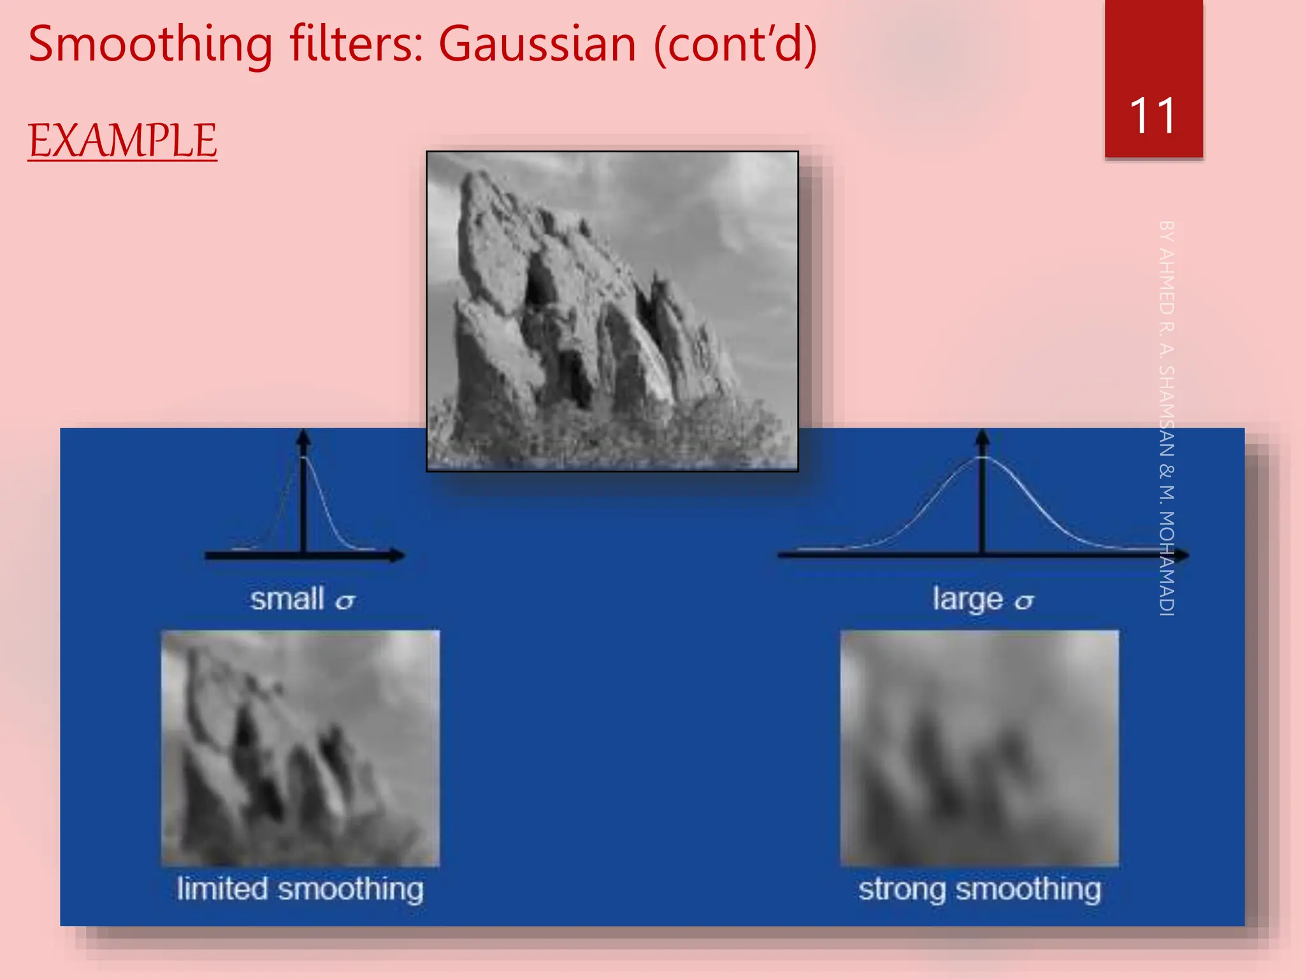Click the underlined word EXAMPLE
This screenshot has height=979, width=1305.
coord(122,140)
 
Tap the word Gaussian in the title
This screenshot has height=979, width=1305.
coord(537,45)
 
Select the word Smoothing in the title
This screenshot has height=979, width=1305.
coord(150,45)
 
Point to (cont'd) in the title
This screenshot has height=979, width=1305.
coord(735,45)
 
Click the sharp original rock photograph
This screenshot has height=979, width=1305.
coord(612,311)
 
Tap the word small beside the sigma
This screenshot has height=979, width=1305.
coord(287,599)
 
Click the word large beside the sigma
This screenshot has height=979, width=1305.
coord(967,599)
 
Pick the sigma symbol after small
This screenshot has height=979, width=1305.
coord(345,602)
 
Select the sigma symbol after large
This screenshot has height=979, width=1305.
coord(1024,602)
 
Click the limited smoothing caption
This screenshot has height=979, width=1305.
coord(300,889)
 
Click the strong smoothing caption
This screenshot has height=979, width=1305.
coord(979,889)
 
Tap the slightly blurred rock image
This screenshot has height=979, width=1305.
coord(300,748)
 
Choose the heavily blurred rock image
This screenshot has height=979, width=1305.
coord(979,748)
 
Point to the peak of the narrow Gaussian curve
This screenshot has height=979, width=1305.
coord(304,457)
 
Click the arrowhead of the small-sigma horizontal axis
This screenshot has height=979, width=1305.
coord(398,555)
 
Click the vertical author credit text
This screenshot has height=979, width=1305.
coord(1166,417)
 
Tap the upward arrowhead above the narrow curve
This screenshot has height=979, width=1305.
coord(304,436)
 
